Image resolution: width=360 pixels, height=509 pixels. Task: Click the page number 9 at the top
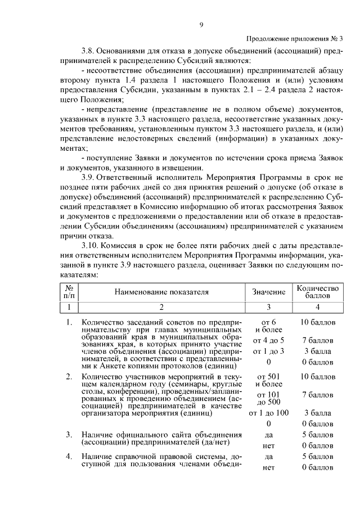(201, 24)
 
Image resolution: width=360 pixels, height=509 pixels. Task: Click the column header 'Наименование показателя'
(161, 292)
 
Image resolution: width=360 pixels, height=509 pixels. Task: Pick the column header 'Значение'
(268, 292)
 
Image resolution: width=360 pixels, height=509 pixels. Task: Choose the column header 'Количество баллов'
(318, 291)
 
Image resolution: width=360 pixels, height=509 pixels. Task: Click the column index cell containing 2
(161, 307)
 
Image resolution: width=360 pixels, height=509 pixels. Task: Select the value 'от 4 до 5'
(268, 340)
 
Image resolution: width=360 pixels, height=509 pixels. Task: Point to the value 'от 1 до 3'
(268, 351)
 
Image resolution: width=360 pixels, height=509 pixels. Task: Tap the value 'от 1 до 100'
(268, 413)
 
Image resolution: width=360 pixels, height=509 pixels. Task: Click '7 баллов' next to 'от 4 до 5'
(318, 340)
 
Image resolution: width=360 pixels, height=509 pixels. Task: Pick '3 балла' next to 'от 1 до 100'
(318, 413)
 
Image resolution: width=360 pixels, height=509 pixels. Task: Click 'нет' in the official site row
(268, 445)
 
